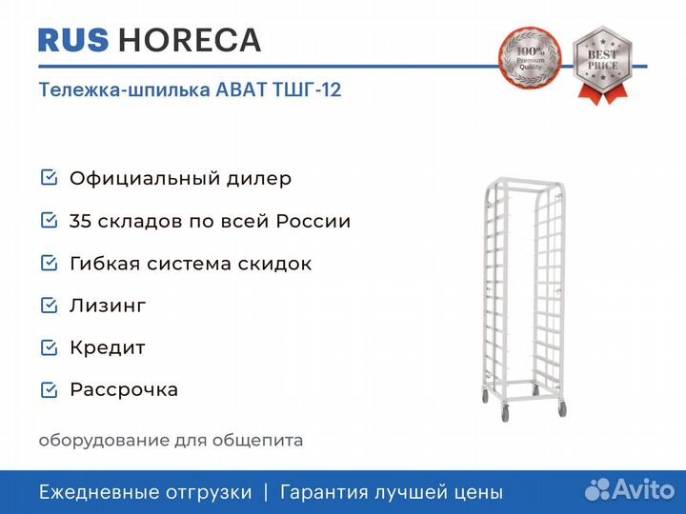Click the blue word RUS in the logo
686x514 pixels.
(x=73, y=40)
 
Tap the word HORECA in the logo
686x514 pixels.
(x=190, y=40)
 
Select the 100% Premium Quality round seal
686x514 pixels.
(x=531, y=56)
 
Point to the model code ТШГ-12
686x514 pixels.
(x=307, y=89)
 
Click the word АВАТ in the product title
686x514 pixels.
(x=241, y=89)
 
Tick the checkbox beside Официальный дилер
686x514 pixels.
(x=49, y=177)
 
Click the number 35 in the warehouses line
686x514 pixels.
(x=80, y=221)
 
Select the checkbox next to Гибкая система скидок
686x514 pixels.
(x=49, y=263)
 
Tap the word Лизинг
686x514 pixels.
(x=108, y=306)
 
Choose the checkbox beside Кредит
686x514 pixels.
(x=49, y=347)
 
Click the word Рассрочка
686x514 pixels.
(x=124, y=390)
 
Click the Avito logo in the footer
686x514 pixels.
(x=630, y=489)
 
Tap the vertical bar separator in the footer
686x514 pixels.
(x=266, y=493)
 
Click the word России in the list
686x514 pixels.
(x=313, y=221)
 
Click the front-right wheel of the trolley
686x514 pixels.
(x=562, y=409)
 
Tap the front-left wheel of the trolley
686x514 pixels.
(x=505, y=412)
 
